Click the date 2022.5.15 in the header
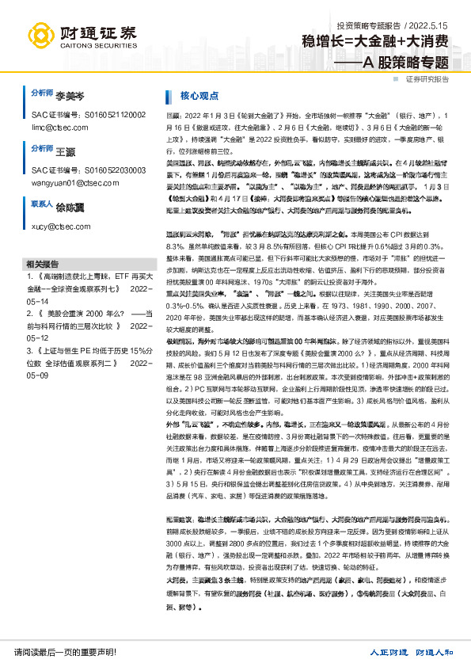431,25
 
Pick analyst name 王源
65,149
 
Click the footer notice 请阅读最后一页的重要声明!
66,652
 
